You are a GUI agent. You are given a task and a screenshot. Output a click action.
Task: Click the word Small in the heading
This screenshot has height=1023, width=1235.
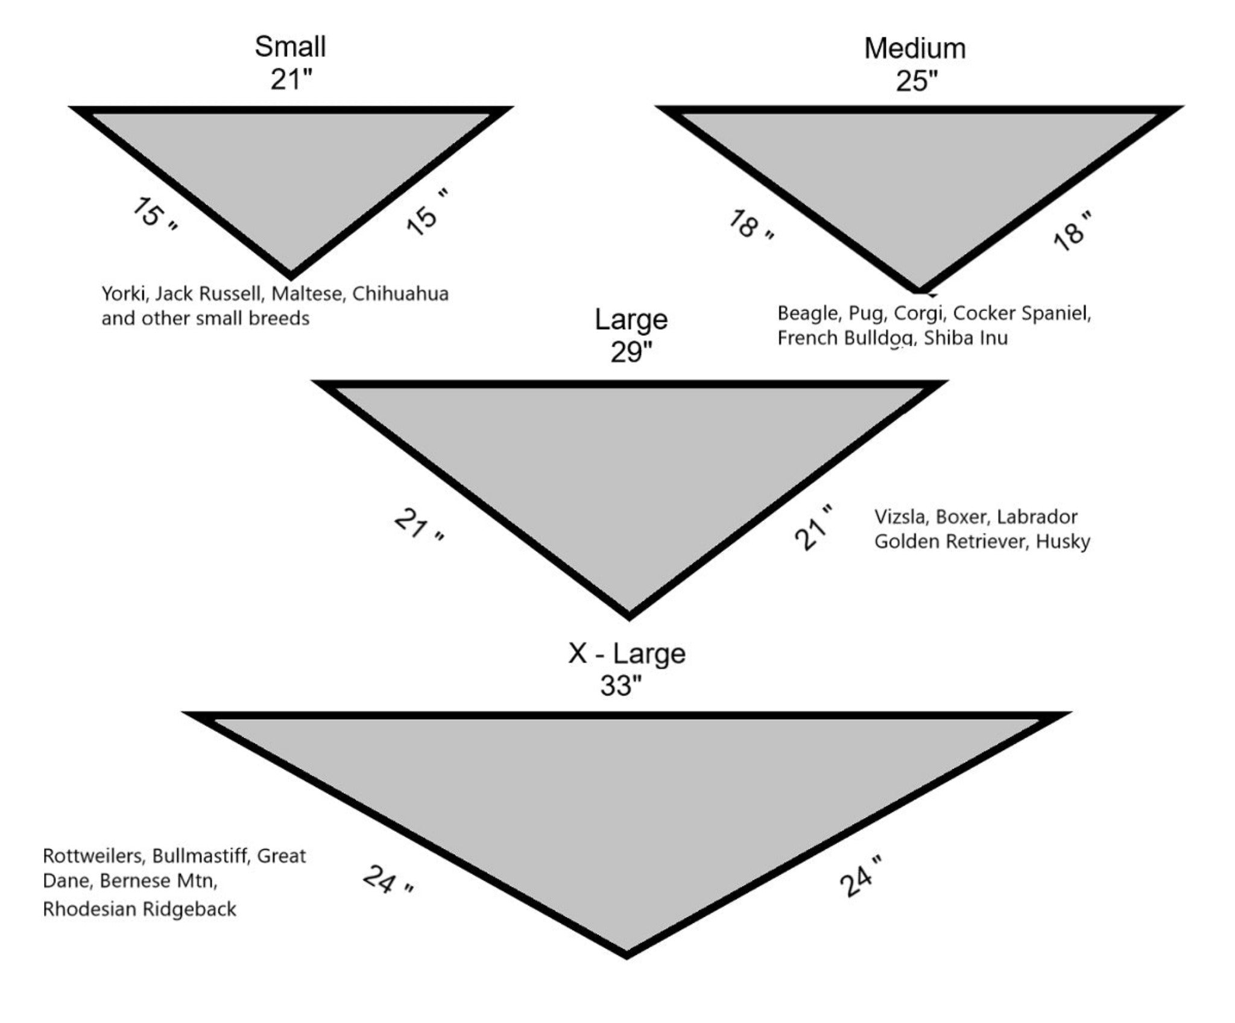(x=290, y=46)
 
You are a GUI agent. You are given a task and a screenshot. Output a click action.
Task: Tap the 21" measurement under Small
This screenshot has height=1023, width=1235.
(x=292, y=79)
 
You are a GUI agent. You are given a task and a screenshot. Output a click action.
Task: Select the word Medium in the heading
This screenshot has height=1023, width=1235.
(x=915, y=48)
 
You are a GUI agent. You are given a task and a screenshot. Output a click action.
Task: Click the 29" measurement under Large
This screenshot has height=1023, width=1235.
(x=631, y=352)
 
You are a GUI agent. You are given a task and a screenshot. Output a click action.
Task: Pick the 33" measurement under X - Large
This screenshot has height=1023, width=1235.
(x=621, y=685)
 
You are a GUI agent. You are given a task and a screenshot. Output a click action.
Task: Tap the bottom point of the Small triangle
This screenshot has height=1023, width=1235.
(x=291, y=279)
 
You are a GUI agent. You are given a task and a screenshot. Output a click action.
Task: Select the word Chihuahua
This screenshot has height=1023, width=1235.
(x=400, y=294)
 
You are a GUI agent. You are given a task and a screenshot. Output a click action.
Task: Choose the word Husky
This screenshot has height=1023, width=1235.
(x=1063, y=542)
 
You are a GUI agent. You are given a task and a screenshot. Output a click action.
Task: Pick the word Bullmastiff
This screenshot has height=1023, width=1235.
(x=202, y=856)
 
